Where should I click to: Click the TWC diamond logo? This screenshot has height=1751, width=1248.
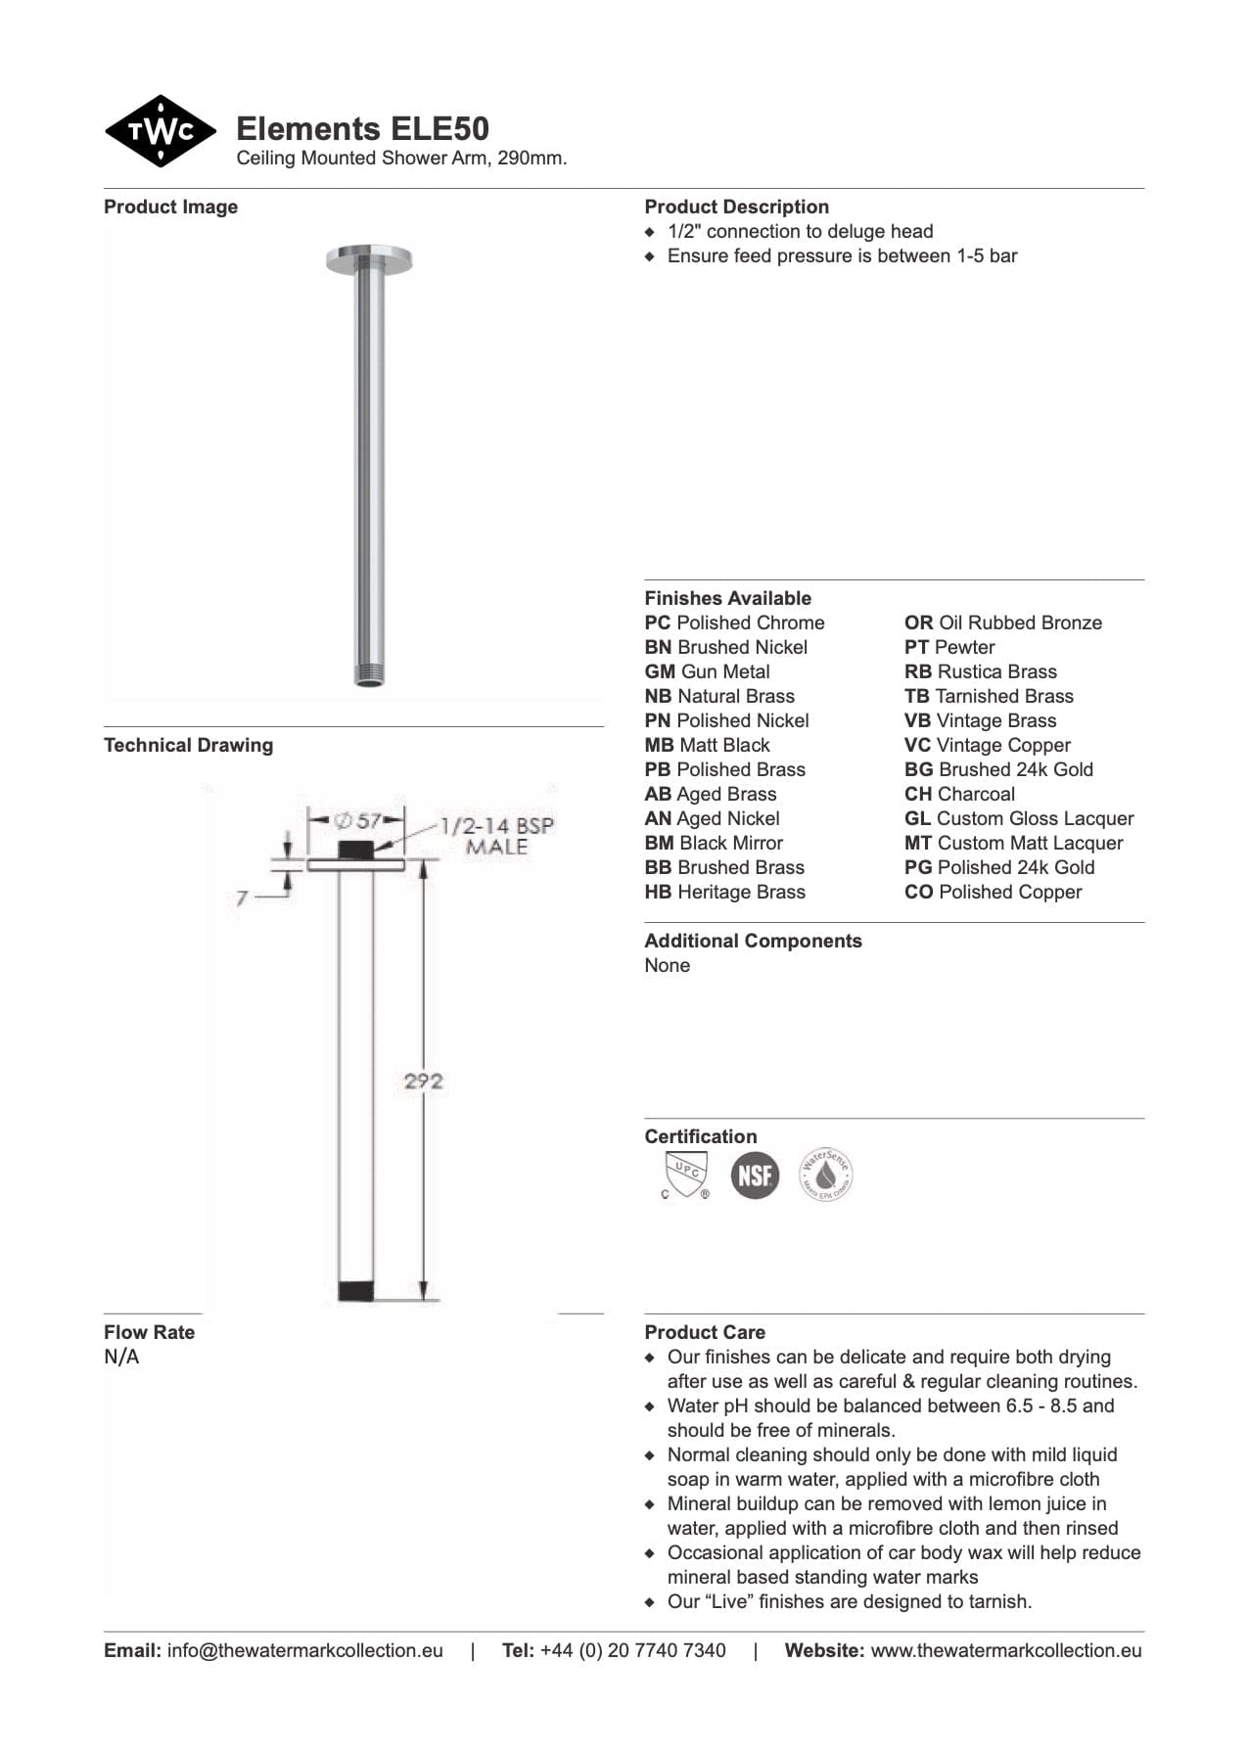[160, 131]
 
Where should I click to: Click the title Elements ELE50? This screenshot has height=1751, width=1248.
[362, 129]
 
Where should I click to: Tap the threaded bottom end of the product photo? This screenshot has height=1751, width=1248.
[369, 675]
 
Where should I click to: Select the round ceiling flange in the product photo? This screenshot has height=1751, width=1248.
[369, 258]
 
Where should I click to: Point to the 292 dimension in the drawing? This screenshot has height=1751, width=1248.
[423, 1082]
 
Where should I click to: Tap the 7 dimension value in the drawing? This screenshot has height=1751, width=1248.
[242, 897]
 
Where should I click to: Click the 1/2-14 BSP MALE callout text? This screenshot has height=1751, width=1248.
[496, 836]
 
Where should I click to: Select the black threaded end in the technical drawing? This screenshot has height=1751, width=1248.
[355, 1291]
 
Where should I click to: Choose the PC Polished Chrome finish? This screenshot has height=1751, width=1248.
[734, 623]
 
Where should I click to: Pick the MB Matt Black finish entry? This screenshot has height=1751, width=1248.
[707, 746]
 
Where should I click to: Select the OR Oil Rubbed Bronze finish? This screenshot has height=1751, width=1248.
[1002, 623]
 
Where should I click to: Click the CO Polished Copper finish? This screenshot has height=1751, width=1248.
[993, 893]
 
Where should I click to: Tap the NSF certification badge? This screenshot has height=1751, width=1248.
[755, 1175]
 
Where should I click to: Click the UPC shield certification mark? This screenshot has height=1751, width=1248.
[685, 1175]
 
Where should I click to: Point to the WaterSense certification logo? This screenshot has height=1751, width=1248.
[825, 1175]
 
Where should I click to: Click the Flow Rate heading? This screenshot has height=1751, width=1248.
[149, 1333]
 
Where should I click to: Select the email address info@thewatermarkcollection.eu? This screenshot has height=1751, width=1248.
[304, 1651]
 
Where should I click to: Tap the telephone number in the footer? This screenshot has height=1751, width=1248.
[632, 1651]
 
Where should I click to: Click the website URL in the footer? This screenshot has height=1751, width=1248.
[1005, 1651]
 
